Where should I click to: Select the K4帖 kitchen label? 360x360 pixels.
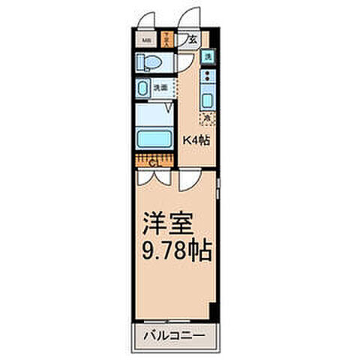coord(197,139)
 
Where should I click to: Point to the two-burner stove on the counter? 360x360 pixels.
coord(208,77)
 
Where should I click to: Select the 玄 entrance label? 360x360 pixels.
coord(192,41)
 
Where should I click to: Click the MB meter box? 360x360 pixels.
coord(147,40)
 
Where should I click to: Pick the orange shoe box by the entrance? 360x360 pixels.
coord(169,40)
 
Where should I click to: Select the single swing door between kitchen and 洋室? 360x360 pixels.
coord(189,178)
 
